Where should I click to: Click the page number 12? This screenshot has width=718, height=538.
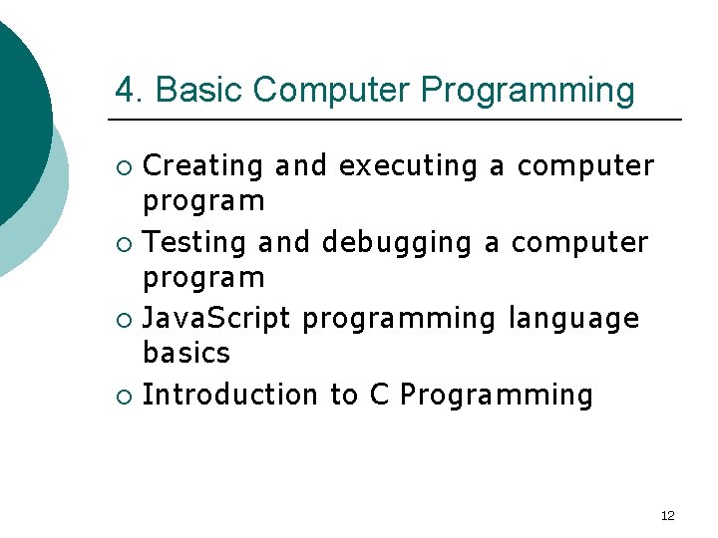click(x=668, y=515)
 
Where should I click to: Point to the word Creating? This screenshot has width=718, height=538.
click(x=203, y=166)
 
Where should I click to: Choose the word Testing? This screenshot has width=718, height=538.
click(x=194, y=242)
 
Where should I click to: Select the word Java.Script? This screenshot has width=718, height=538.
click(x=216, y=319)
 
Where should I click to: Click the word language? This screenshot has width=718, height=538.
click(x=573, y=320)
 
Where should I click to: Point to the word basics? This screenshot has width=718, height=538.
click(x=186, y=353)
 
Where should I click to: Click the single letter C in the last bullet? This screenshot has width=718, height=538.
click(x=379, y=396)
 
